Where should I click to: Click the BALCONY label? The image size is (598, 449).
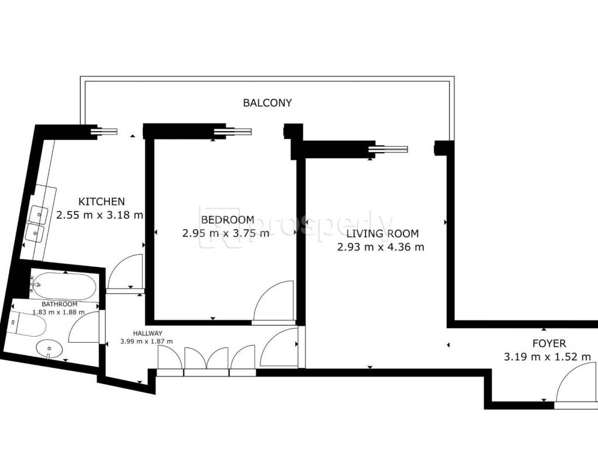267,103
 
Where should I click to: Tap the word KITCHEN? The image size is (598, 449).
102,201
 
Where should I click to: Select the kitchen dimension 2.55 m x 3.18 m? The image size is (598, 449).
99,215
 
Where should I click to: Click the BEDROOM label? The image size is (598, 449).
228,220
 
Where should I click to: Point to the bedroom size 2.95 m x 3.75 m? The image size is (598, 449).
226,233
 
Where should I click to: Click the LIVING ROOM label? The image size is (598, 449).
382,233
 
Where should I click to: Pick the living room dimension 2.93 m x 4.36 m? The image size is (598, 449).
381,247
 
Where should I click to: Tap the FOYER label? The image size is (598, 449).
549,343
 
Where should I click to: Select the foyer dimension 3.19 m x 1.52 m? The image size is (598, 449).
547,357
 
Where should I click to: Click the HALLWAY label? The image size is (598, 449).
148,333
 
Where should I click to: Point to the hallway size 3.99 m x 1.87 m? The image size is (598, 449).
147,341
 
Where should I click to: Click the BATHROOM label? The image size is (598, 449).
60,304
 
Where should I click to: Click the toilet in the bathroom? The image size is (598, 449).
27,323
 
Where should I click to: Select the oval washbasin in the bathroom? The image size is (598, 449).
49,348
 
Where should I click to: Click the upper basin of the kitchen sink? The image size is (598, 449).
39,214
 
